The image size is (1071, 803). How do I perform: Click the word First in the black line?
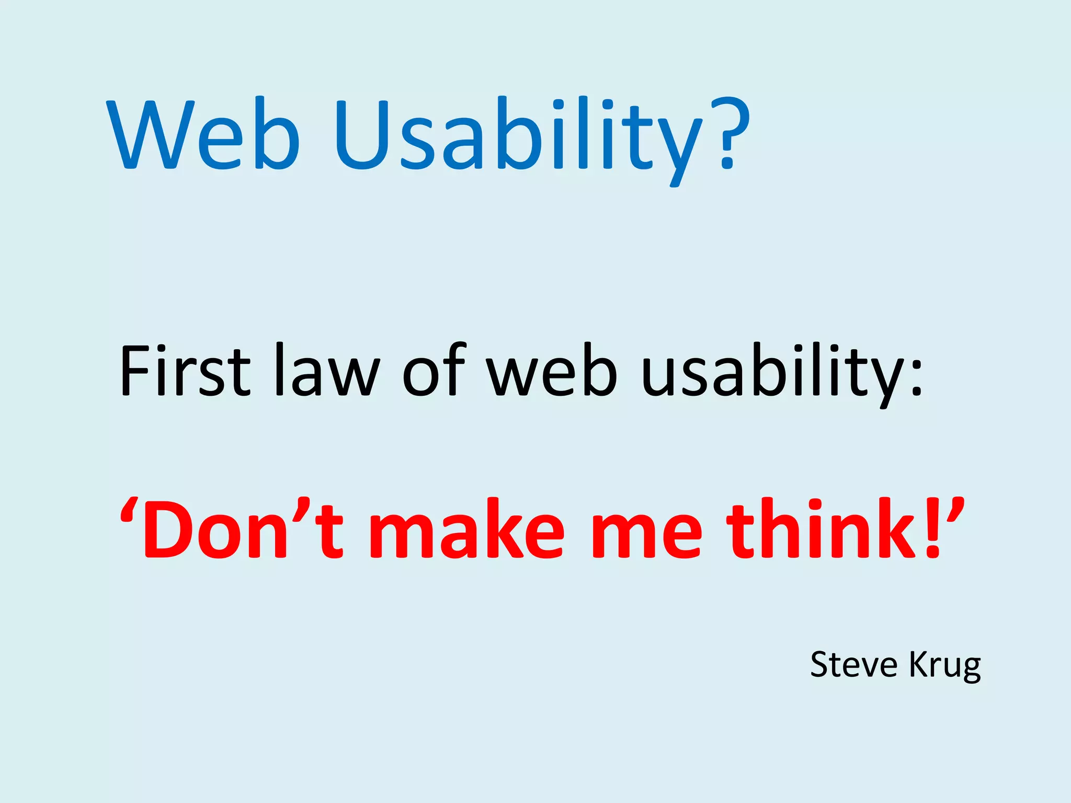coord(185,370)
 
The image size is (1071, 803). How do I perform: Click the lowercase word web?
coord(552,370)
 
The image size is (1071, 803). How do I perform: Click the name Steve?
coord(854,665)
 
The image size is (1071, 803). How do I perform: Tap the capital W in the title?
coord(151,135)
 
